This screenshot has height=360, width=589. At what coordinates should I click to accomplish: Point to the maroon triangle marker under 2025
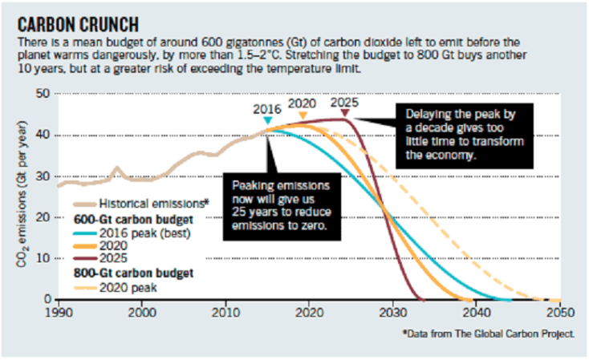(344, 113)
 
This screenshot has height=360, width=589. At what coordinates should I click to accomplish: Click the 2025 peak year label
(345, 103)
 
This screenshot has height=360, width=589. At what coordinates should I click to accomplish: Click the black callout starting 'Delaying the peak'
(460, 134)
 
